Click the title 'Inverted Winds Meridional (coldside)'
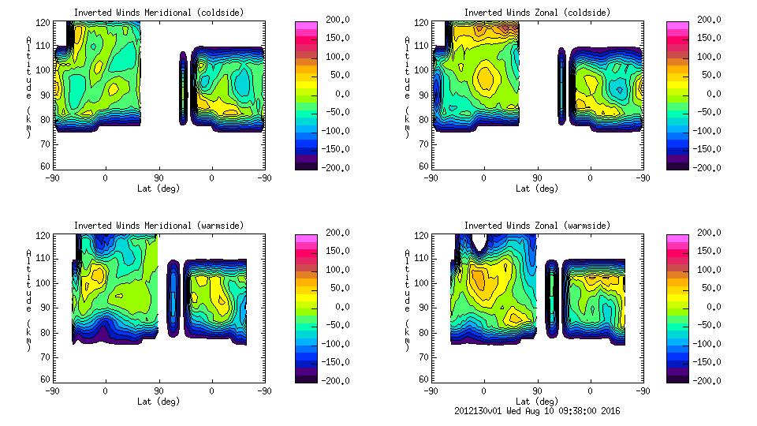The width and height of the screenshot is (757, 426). (x=158, y=13)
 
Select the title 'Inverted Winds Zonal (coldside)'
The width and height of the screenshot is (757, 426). (x=537, y=13)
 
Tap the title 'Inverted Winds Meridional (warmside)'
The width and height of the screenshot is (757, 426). (x=158, y=226)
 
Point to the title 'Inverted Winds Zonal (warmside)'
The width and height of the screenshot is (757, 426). (x=537, y=226)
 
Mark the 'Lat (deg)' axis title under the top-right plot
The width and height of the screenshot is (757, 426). (x=537, y=189)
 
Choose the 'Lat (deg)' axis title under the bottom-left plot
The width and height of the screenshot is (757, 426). (x=158, y=402)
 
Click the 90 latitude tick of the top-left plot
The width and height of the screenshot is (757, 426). (x=158, y=177)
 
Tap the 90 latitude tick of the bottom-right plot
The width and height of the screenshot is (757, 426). (x=537, y=390)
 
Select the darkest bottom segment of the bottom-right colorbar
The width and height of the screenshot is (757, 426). (x=678, y=376)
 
